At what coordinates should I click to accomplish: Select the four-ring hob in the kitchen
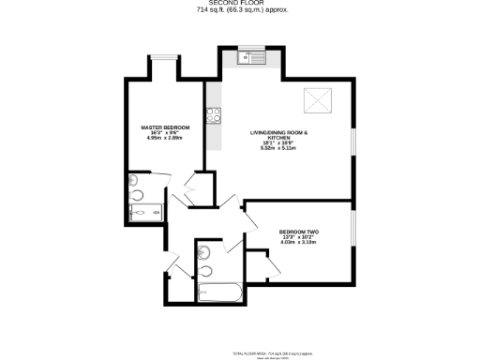[x=213, y=117]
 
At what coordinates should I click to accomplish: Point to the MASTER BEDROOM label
[x=165, y=127]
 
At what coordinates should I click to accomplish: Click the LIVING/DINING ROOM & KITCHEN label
[x=278, y=135]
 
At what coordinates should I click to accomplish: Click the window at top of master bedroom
[x=165, y=58]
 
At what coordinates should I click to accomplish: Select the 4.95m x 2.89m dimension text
[x=165, y=137]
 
